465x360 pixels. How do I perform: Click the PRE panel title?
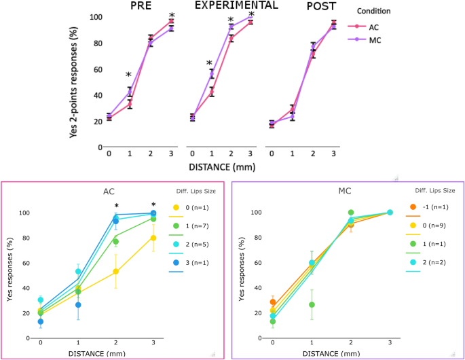point(141,6)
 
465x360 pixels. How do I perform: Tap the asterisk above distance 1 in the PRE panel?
point(128,75)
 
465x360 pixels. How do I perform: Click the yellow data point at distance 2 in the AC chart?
point(116,272)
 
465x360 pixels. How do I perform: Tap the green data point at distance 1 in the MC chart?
point(312,305)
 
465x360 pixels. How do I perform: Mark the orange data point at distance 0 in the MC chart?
point(273,302)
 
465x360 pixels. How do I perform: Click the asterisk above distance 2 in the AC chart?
point(116,206)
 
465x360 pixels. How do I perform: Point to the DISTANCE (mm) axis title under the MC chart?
point(331,353)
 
